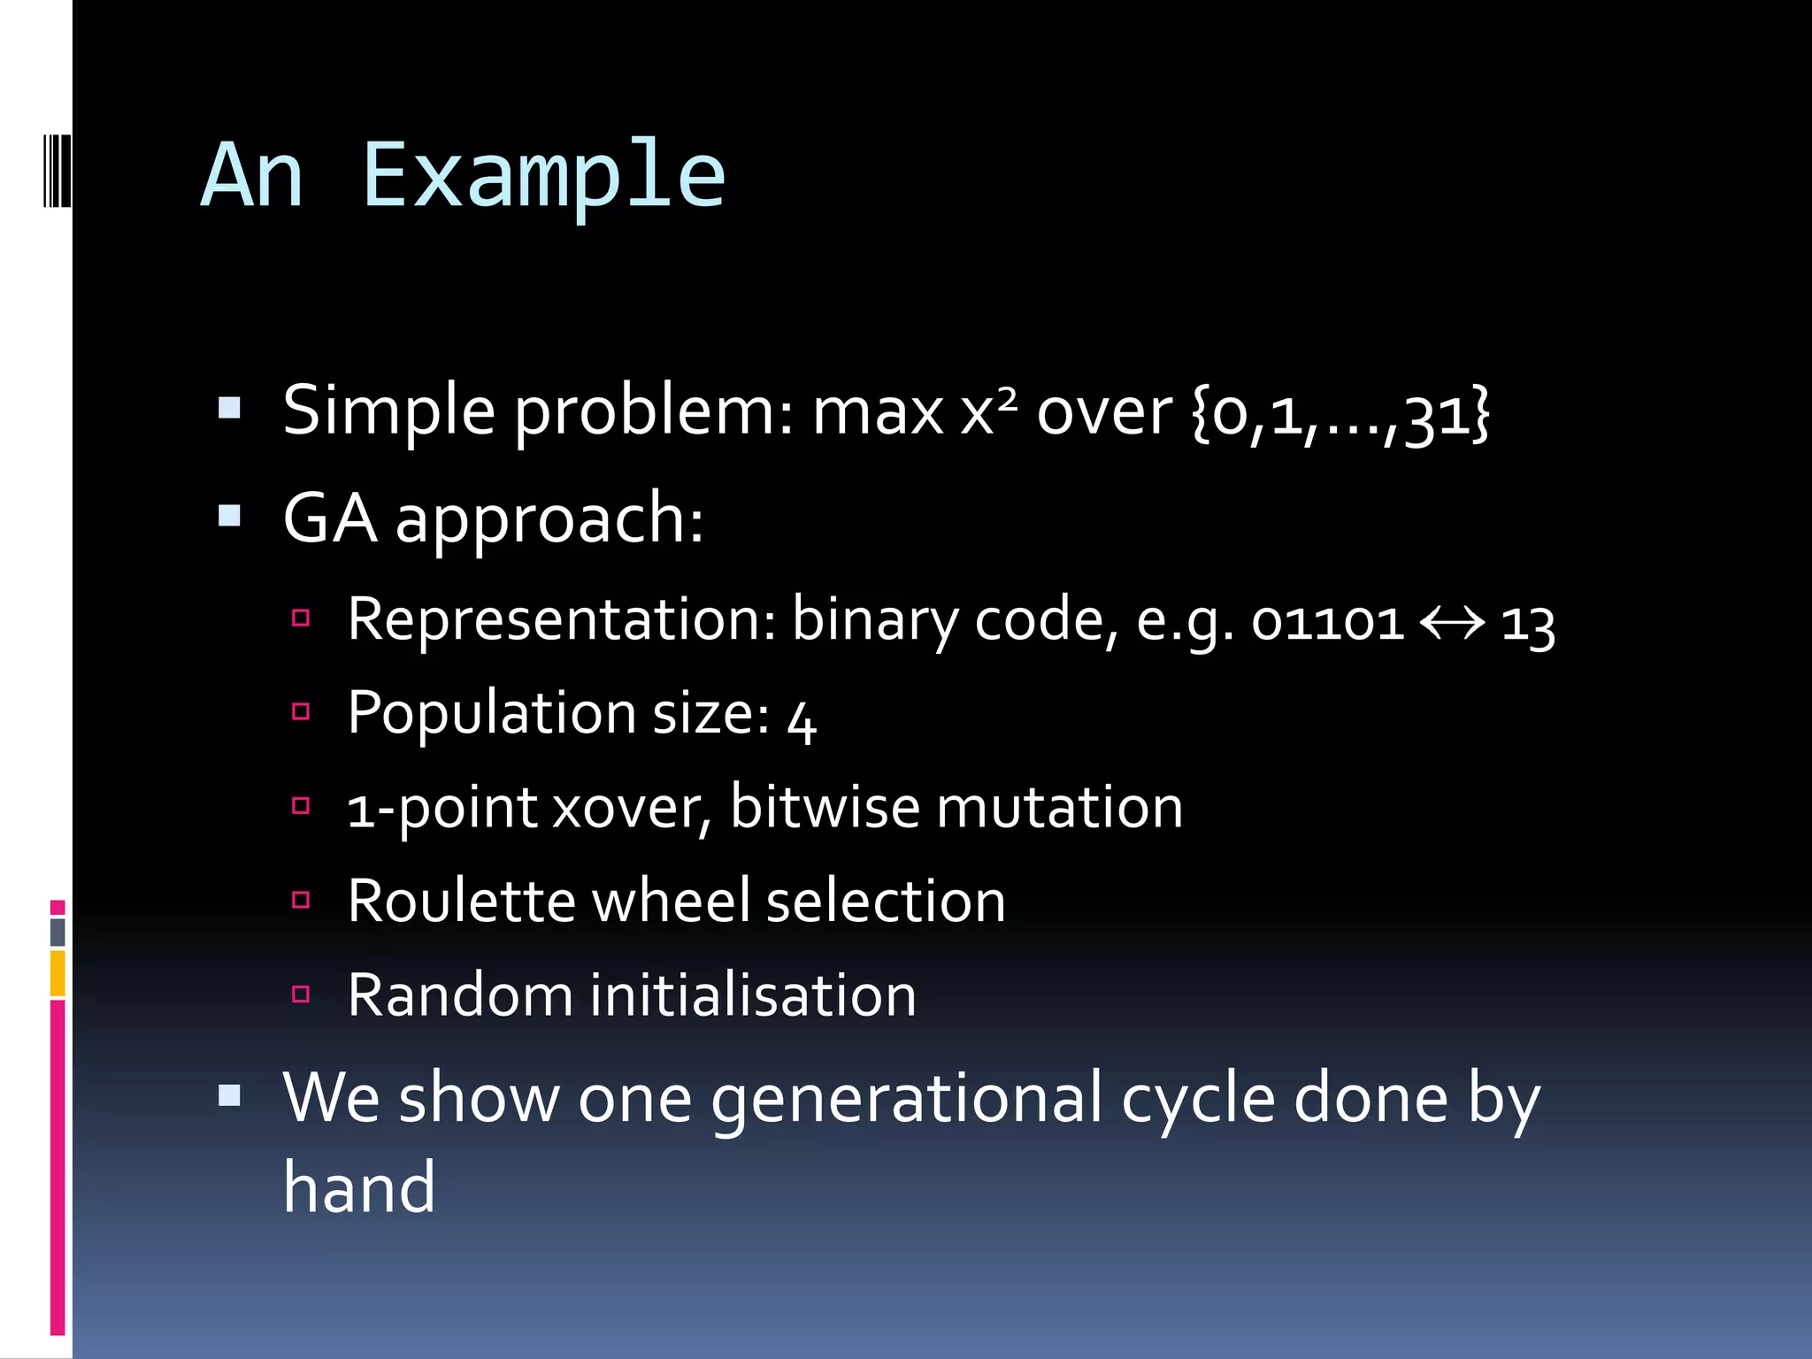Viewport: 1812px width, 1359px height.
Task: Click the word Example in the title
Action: click(543, 177)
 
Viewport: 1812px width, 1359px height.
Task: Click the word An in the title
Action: click(252, 177)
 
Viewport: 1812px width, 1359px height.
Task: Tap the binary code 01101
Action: click(1327, 622)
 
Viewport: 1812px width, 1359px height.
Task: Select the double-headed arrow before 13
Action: click(1452, 623)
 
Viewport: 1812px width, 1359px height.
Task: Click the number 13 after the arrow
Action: click(1528, 625)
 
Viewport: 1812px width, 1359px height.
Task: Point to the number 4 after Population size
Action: click(802, 719)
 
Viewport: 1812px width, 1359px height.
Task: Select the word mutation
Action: click(1059, 807)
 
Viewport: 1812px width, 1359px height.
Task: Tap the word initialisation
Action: click(753, 995)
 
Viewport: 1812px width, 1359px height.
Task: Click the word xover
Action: click(629, 809)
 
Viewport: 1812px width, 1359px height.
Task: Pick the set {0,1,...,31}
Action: click(1340, 412)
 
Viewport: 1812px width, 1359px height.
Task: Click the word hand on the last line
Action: click(358, 1188)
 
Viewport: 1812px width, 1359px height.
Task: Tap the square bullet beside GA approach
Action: click(229, 515)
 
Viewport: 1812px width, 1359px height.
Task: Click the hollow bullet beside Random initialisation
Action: click(301, 994)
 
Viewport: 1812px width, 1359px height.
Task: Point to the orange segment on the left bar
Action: click(58, 973)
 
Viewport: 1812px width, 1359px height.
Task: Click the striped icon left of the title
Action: click(56, 170)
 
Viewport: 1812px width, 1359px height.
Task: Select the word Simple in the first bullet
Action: click(388, 411)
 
